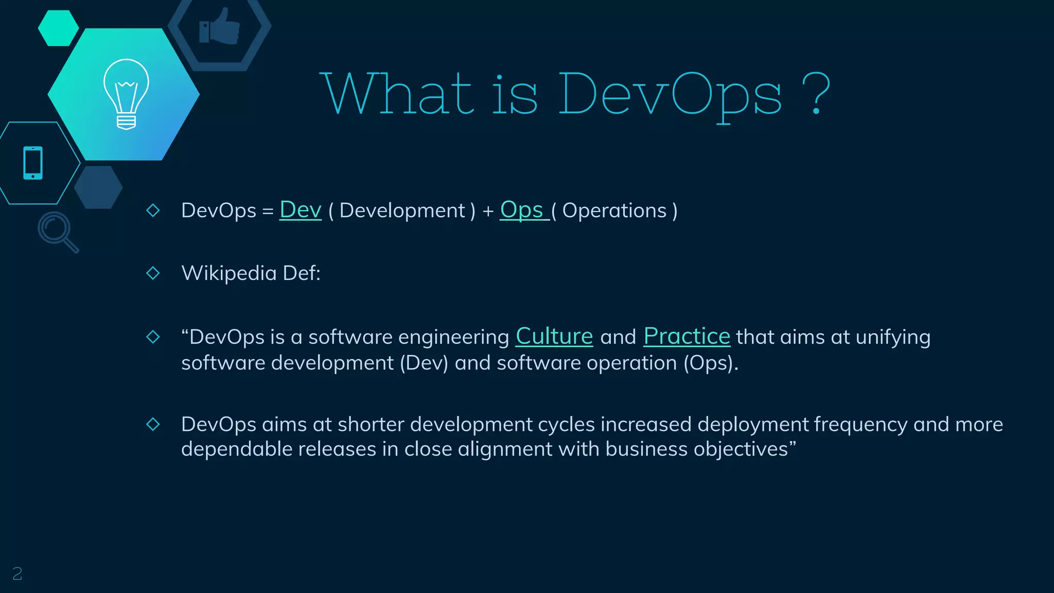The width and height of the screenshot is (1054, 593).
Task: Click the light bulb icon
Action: pos(126,94)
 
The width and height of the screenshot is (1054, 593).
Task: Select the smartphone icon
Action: pos(33,163)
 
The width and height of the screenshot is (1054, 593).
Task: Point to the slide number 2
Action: pos(17,573)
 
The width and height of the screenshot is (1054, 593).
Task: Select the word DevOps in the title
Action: pos(669,95)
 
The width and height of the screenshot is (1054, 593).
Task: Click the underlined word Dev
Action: pos(300,210)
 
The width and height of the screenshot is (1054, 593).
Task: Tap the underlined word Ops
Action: pos(522,210)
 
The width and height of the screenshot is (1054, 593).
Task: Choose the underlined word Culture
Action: pos(554,337)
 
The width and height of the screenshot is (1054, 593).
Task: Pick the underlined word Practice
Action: pos(687,337)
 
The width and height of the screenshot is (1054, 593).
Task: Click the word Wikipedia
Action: pos(229,273)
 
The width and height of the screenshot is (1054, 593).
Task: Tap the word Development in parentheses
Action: pos(402,211)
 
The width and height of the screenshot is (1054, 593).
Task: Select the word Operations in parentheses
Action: pos(614,211)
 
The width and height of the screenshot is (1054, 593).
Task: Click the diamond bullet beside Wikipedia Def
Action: pos(153,273)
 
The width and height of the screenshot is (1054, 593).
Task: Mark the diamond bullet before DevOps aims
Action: pos(153,424)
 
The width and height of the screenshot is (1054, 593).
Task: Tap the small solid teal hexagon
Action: pos(58,28)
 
